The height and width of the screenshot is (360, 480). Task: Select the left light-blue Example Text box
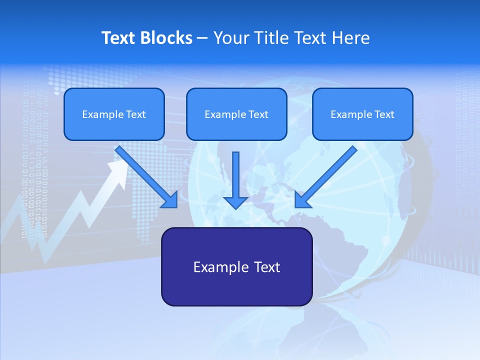point(114,114)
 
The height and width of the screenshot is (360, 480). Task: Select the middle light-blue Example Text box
point(236,114)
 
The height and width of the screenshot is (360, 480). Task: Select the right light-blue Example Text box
point(362,114)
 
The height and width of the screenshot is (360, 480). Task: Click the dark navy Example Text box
point(236,266)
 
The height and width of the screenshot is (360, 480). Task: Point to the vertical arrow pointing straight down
point(235,177)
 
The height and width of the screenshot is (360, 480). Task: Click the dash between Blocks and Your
point(203,38)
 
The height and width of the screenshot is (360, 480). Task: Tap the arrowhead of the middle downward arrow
point(235,202)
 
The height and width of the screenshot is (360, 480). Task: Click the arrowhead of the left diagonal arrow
point(170,200)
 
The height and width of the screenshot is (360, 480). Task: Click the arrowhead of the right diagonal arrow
point(302,200)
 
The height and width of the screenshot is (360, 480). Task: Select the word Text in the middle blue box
point(258,114)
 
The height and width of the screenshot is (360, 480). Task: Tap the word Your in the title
point(231,38)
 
